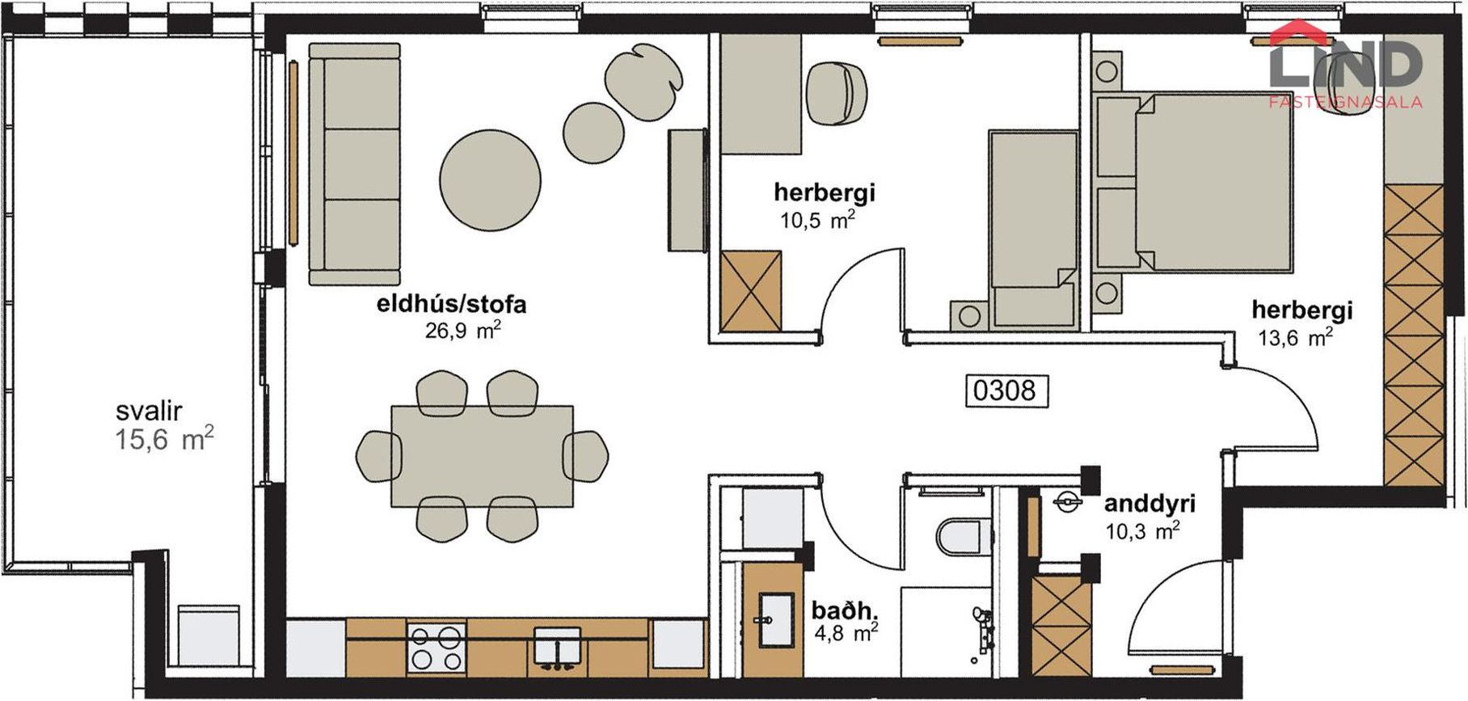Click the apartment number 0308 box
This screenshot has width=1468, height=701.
coord(1005,391)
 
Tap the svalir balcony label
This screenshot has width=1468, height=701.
coord(150,411)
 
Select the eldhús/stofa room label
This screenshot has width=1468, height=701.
coord(451,305)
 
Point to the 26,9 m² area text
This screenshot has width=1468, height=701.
coord(463,329)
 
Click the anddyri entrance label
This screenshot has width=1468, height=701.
coord(1150,504)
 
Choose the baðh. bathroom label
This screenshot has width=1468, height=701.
coord(845,610)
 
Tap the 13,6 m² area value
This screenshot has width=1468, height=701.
coord(1295,336)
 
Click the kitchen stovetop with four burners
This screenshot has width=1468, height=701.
coord(437,646)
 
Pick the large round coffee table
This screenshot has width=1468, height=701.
coord(491,180)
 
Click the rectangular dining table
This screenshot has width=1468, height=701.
coord(483,456)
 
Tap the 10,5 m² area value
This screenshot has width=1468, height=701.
coord(817,219)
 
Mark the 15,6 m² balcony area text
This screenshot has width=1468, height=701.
coord(164,440)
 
